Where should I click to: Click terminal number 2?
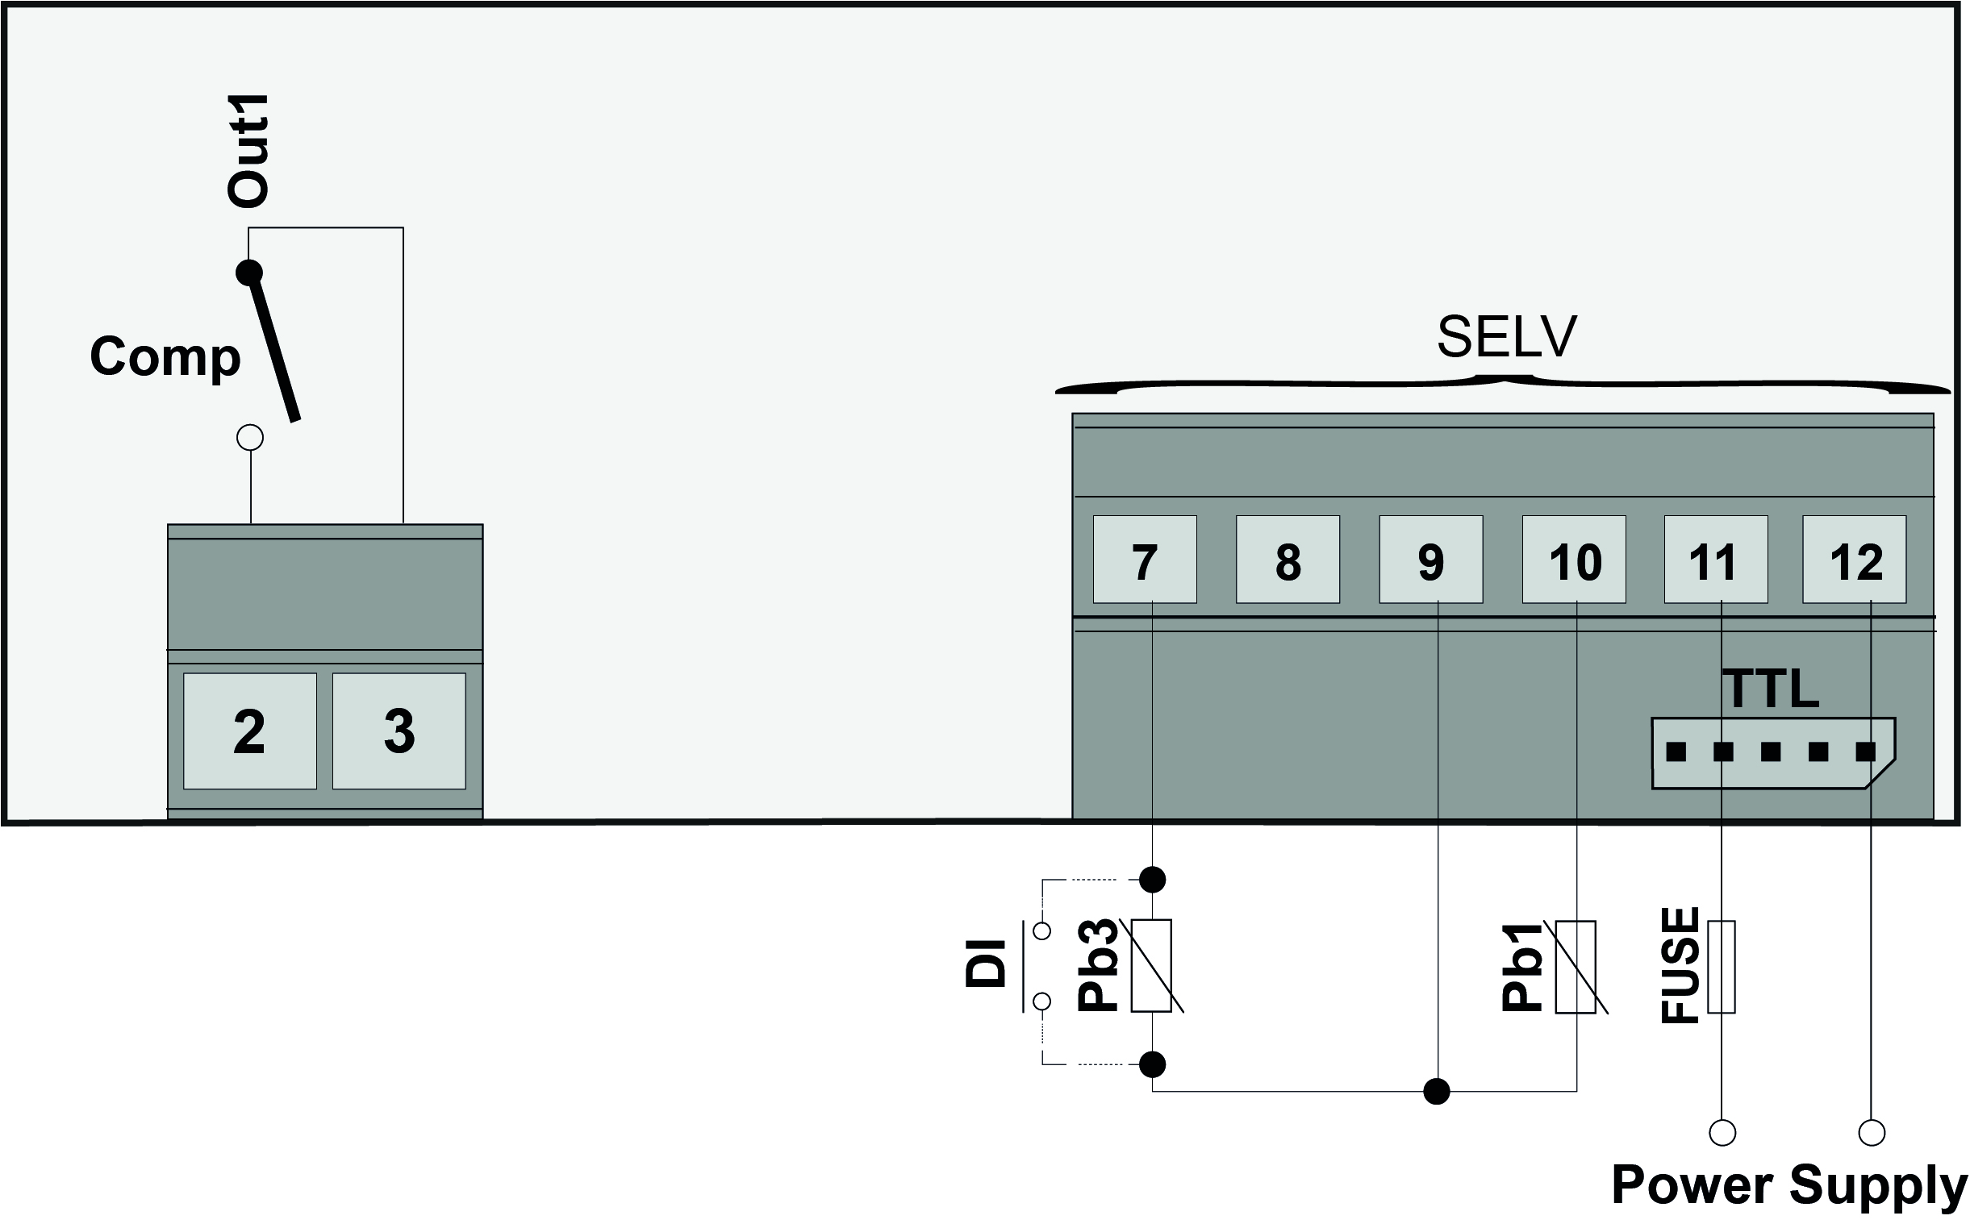tap(249, 731)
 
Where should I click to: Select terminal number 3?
tap(399, 731)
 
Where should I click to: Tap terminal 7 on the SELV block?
tap(1144, 560)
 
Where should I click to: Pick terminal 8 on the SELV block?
tap(1288, 560)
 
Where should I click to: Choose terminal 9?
tap(1431, 560)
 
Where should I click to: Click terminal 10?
tap(1574, 560)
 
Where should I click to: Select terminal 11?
tap(1716, 560)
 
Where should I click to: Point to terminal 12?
tap(1854, 560)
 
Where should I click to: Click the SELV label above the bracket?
tap(1506, 337)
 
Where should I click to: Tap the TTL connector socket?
tap(1772, 753)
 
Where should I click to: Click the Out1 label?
tap(248, 152)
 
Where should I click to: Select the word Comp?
tap(165, 356)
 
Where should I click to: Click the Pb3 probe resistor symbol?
tap(1151, 966)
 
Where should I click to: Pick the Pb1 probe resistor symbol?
tap(1576, 967)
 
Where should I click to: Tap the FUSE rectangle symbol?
tap(1722, 967)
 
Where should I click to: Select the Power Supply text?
tap(1789, 1186)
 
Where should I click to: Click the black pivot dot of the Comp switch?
tap(249, 272)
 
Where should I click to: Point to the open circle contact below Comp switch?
tap(250, 438)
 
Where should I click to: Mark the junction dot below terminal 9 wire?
tap(1437, 1091)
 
